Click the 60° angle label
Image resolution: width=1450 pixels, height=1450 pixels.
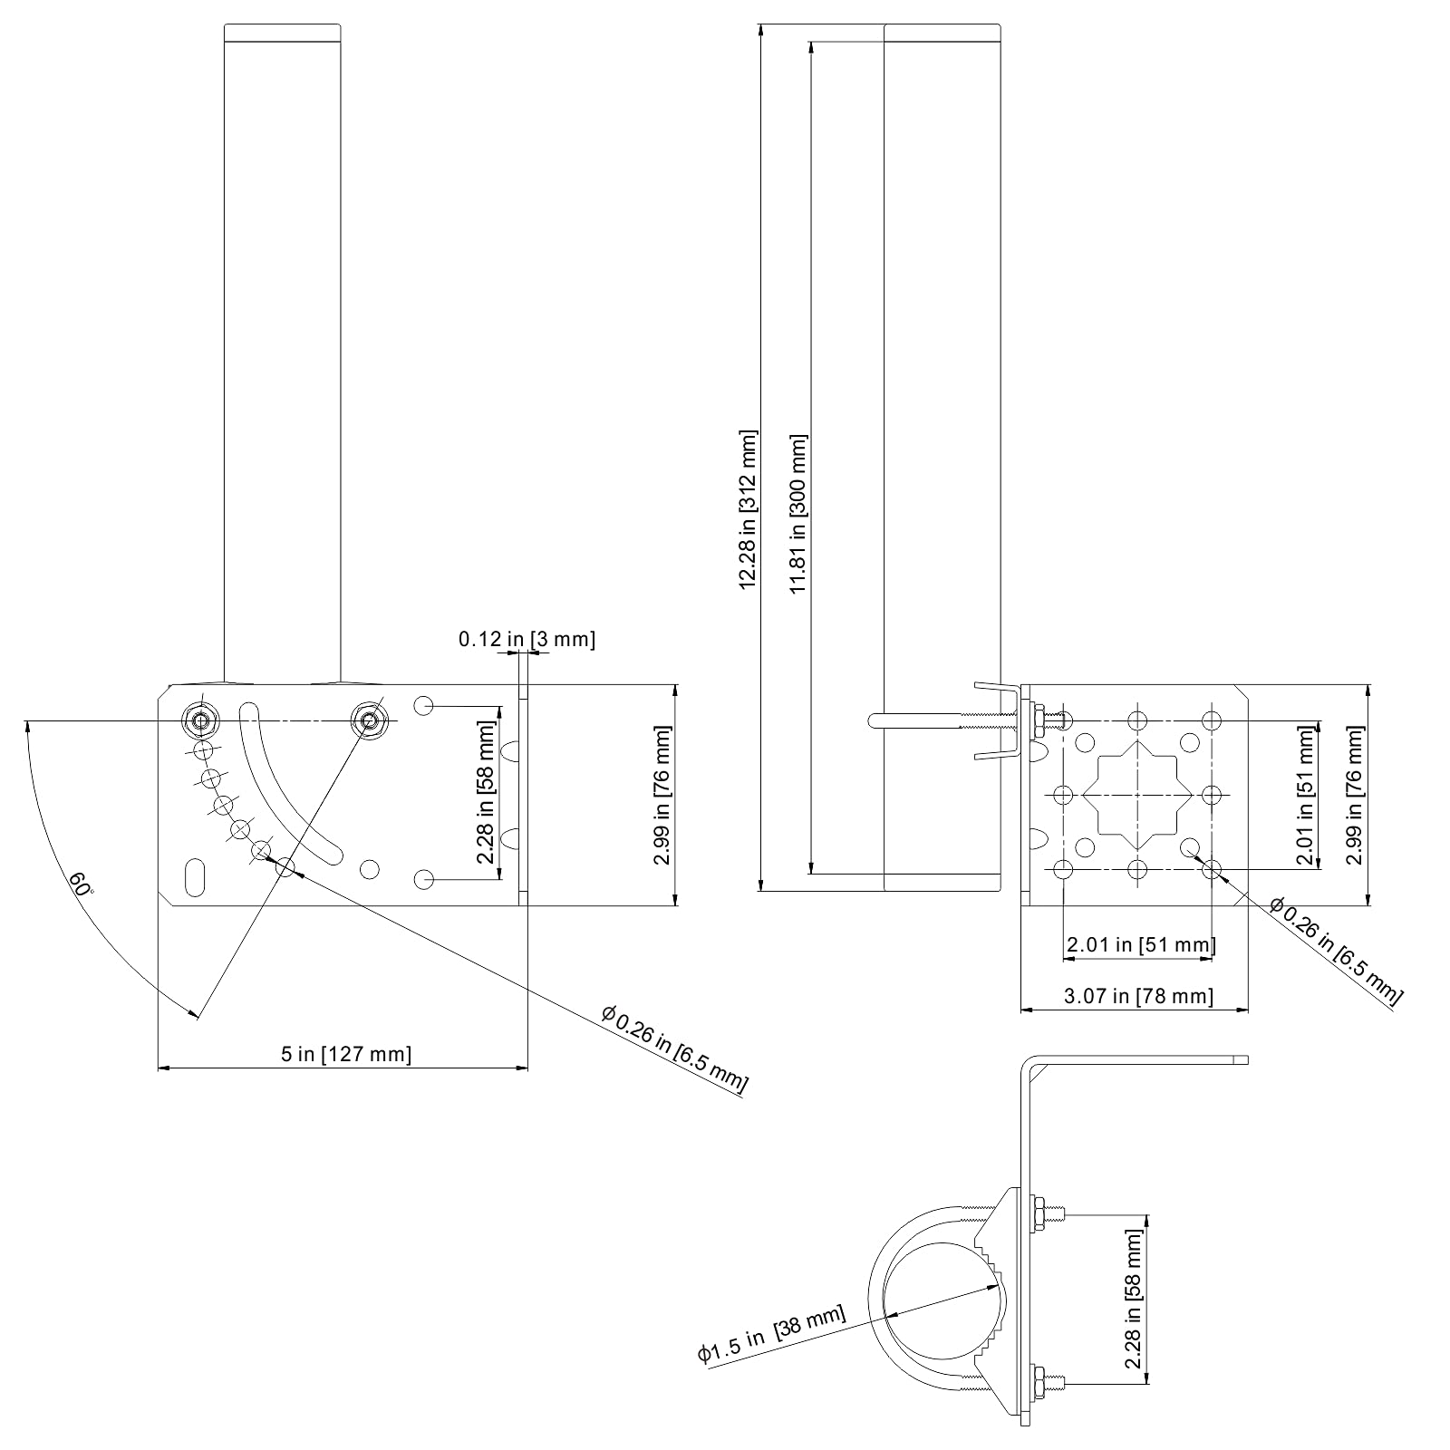point(81,884)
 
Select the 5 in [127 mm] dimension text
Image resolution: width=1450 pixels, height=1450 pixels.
point(345,1054)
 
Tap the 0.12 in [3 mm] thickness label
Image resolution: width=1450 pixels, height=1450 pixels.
point(527,640)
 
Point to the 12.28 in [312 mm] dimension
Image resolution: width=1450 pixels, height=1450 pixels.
point(748,508)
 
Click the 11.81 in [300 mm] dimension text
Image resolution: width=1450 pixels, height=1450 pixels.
point(798,515)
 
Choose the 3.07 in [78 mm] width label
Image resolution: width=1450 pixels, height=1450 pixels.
point(1137,997)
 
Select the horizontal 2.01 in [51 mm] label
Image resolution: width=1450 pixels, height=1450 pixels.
point(1140,945)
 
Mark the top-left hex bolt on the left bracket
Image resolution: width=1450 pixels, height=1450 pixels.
point(200,720)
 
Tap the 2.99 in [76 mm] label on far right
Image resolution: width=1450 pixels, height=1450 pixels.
point(1353,795)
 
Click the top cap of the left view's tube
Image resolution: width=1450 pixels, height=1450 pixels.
point(282,33)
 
